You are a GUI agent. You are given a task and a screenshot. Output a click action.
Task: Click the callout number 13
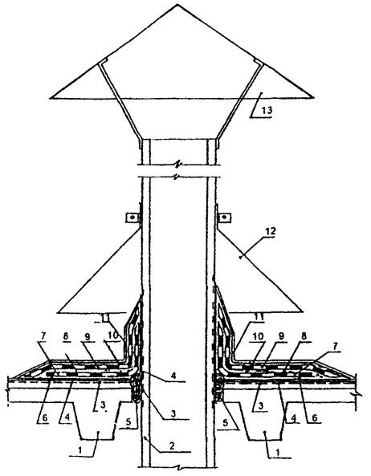point(267,110)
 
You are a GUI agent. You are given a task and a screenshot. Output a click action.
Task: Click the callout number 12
point(270,231)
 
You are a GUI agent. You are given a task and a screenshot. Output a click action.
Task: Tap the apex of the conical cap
point(177,4)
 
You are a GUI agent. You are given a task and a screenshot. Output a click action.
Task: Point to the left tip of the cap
point(51,98)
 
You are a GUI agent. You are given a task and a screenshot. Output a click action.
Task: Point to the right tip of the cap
point(313,97)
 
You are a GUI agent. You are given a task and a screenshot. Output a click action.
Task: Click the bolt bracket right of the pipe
point(225,218)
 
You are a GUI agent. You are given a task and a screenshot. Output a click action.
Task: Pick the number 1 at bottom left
point(80,450)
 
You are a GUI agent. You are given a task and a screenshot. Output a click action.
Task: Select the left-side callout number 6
point(45,417)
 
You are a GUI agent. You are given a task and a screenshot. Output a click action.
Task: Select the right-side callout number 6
point(315,417)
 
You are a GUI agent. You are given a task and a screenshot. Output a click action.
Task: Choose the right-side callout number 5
point(225,423)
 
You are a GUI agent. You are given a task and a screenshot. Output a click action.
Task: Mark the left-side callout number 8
point(66,336)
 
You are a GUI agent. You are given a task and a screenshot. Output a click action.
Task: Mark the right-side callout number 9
point(281,336)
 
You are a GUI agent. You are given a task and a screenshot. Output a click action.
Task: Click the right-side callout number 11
point(259,317)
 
